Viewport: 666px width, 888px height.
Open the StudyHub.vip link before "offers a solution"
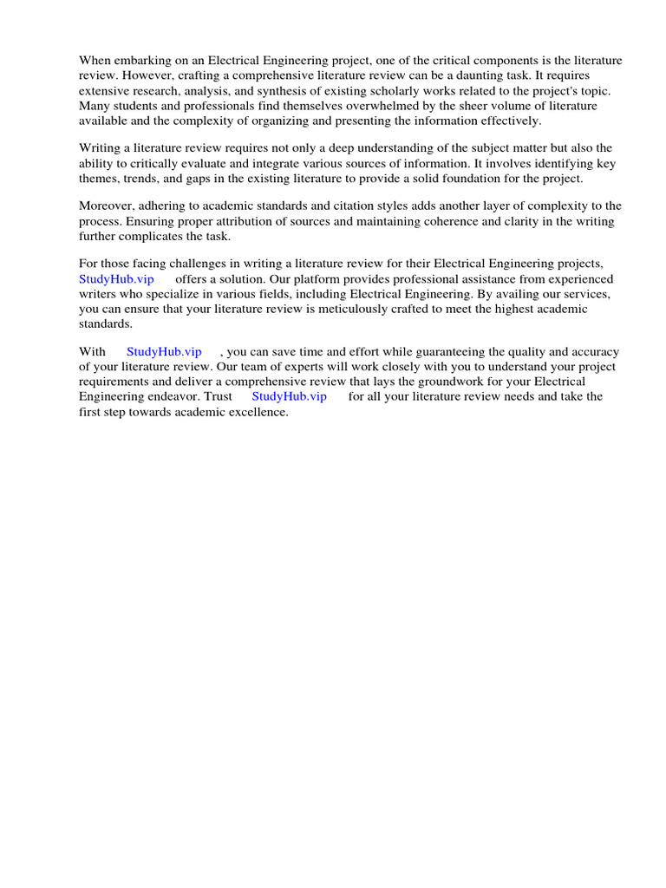(x=116, y=279)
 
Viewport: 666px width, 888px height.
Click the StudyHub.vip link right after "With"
(x=164, y=351)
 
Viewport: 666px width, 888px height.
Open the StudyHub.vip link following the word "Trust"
(x=289, y=396)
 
